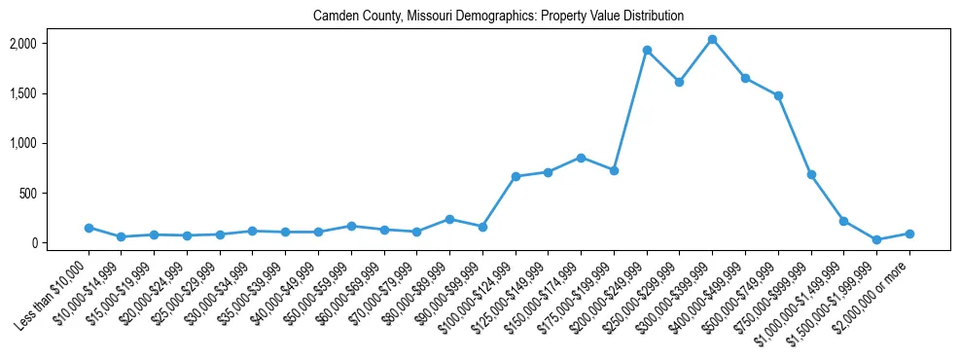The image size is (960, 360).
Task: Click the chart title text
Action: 498,17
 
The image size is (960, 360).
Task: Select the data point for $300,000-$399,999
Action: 712,40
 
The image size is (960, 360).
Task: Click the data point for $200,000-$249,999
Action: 647,51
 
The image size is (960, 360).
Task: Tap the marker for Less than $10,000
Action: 89,228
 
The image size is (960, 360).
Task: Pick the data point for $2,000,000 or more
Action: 909,234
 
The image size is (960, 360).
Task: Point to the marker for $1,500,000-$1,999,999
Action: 876,239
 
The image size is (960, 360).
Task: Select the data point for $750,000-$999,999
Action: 811,175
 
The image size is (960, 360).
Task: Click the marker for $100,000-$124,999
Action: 516,177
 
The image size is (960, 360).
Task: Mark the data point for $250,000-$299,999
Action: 680,82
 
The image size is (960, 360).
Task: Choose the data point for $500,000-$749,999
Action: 778,95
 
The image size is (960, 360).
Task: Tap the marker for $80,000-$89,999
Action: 449,219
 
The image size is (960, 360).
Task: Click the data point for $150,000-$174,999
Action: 581,158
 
